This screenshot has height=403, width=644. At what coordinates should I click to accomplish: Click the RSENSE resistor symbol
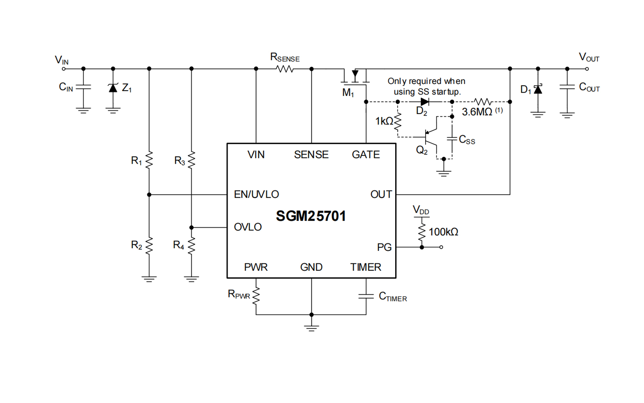[285, 69]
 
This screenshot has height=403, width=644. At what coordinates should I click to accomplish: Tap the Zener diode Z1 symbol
[113, 88]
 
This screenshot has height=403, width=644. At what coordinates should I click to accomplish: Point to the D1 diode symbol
[538, 90]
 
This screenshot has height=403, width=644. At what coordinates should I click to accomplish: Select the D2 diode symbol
[425, 102]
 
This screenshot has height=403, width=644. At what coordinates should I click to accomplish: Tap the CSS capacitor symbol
[452, 138]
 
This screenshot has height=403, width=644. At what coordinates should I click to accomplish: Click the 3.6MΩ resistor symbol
[483, 102]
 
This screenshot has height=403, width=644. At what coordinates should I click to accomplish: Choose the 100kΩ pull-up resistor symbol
[422, 232]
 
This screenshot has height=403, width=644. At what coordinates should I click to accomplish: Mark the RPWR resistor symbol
[256, 296]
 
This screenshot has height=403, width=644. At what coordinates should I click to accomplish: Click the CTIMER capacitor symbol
[366, 296]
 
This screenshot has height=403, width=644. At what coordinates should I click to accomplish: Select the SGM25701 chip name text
[311, 216]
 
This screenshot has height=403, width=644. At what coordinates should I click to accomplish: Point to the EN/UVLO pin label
[256, 194]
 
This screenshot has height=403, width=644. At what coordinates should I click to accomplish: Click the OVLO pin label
[248, 227]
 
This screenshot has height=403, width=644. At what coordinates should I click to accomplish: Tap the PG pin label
[384, 247]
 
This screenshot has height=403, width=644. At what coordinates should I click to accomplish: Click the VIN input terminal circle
[64, 69]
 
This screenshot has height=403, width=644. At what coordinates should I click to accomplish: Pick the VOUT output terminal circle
[587, 69]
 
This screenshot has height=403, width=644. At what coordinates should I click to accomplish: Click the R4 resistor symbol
[191, 245]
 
